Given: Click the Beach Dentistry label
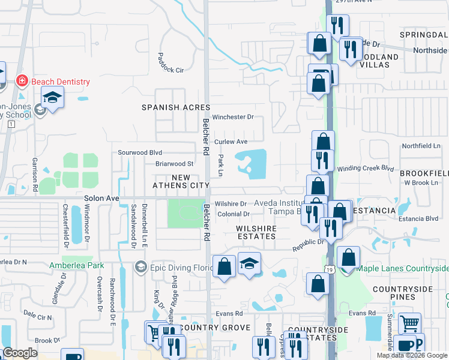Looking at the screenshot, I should (60, 82).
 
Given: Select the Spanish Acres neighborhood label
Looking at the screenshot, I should (167, 107).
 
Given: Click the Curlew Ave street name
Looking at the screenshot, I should (231, 142).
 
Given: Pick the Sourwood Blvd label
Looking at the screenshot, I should (140, 152).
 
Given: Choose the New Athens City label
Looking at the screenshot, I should (181, 182).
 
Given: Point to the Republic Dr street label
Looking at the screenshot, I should (308, 245).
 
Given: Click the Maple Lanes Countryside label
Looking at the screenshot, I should (403, 268).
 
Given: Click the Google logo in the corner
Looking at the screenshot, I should (20, 353).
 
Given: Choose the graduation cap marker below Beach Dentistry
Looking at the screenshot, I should (53, 97).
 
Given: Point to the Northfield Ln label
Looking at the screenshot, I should (421, 146).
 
